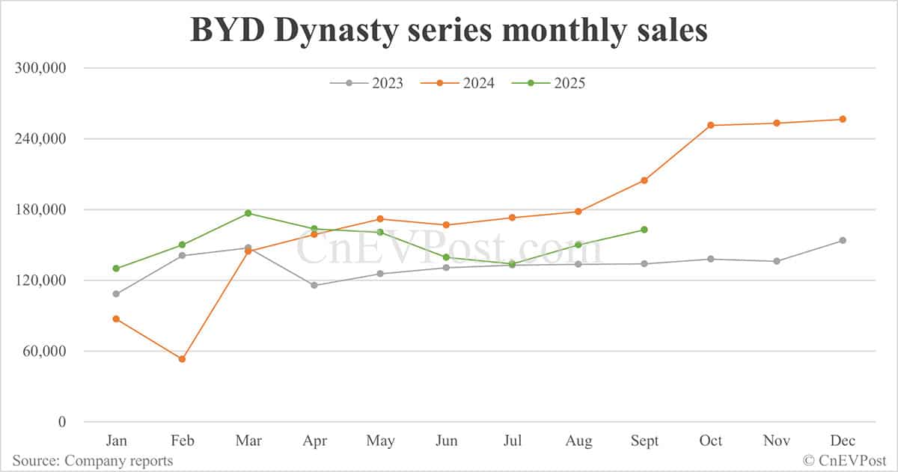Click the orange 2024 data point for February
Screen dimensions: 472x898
(182, 359)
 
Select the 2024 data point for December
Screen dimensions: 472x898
(843, 119)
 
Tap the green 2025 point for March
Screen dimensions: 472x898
(248, 213)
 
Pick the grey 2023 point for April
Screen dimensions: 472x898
(314, 285)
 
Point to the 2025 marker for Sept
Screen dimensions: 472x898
(644, 230)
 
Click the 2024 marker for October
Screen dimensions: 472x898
(710, 125)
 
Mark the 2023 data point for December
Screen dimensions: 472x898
(843, 240)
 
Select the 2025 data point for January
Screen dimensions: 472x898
(116, 269)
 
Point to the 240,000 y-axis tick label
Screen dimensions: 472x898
(41, 138)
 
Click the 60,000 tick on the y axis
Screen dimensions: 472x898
(44, 351)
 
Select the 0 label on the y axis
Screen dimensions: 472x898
(62, 422)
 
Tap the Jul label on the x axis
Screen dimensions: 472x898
(513, 441)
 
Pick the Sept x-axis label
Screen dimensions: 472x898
(644, 441)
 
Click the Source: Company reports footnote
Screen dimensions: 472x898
(92, 461)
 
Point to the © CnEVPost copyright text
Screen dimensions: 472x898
(845, 461)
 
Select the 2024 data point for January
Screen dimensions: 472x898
(116, 319)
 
